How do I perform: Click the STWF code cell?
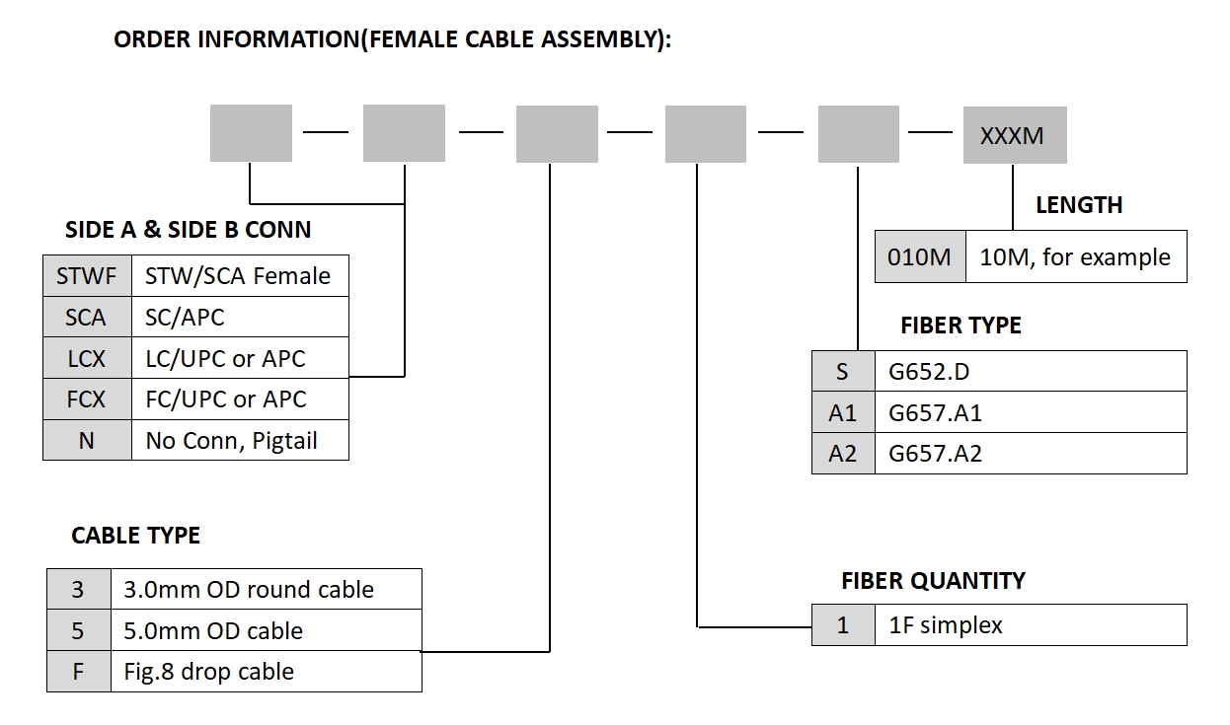(87, 275)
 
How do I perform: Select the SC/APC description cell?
(240, 317)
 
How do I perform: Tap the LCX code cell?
(87, 358)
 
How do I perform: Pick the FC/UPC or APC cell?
(240, 399)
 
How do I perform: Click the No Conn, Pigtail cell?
(240, 441)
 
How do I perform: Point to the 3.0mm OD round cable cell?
(266, 590)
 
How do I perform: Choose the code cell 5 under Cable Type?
(78, 631)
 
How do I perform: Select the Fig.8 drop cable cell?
(266, 672)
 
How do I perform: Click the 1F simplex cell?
(1030, 625)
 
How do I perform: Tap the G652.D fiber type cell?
(1030, 372)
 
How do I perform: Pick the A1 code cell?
(843, 413)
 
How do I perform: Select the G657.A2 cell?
(1030, 455)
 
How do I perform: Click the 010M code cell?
(919, 257)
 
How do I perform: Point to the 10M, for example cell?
(1075, 257)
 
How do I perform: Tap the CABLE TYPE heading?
(135, 536)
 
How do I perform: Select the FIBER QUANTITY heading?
(933, 581)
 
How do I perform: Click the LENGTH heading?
(1079, 205)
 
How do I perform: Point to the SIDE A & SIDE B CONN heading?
(188, 231)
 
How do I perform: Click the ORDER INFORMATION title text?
(393, 40)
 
